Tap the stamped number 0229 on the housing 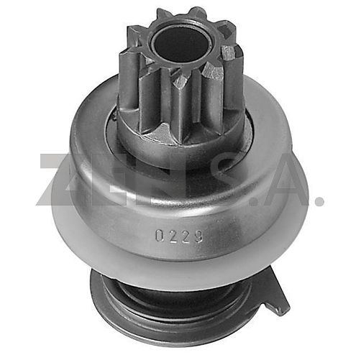point(179,236)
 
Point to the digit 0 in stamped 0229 point(160,235)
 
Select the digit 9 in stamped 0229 point(198,236)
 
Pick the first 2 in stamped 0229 point(173,236)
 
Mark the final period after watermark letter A point(319,200)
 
